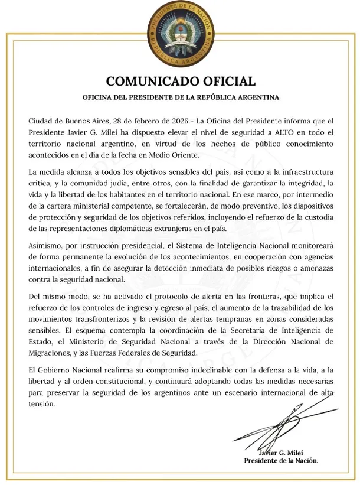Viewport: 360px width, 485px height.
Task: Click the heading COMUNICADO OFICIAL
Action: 181,81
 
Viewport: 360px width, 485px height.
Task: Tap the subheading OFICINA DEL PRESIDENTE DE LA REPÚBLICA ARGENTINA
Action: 181,96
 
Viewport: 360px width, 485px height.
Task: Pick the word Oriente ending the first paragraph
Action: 184,155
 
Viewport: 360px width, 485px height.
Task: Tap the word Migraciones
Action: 52,353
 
